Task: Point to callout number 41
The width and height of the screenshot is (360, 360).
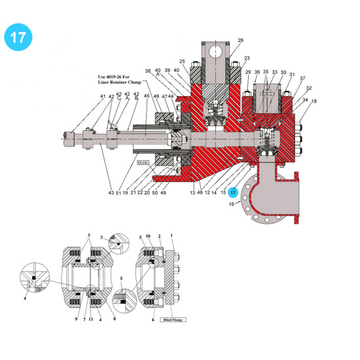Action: pos(103,97)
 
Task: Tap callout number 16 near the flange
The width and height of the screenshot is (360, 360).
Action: pos(230,205)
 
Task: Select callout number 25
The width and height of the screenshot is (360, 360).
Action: pos(182,62)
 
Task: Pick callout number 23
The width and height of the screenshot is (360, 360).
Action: pos(247,58)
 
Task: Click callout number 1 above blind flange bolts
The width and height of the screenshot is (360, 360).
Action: pos(172,234)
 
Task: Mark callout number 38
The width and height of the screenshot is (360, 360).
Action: pos(148,71)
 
